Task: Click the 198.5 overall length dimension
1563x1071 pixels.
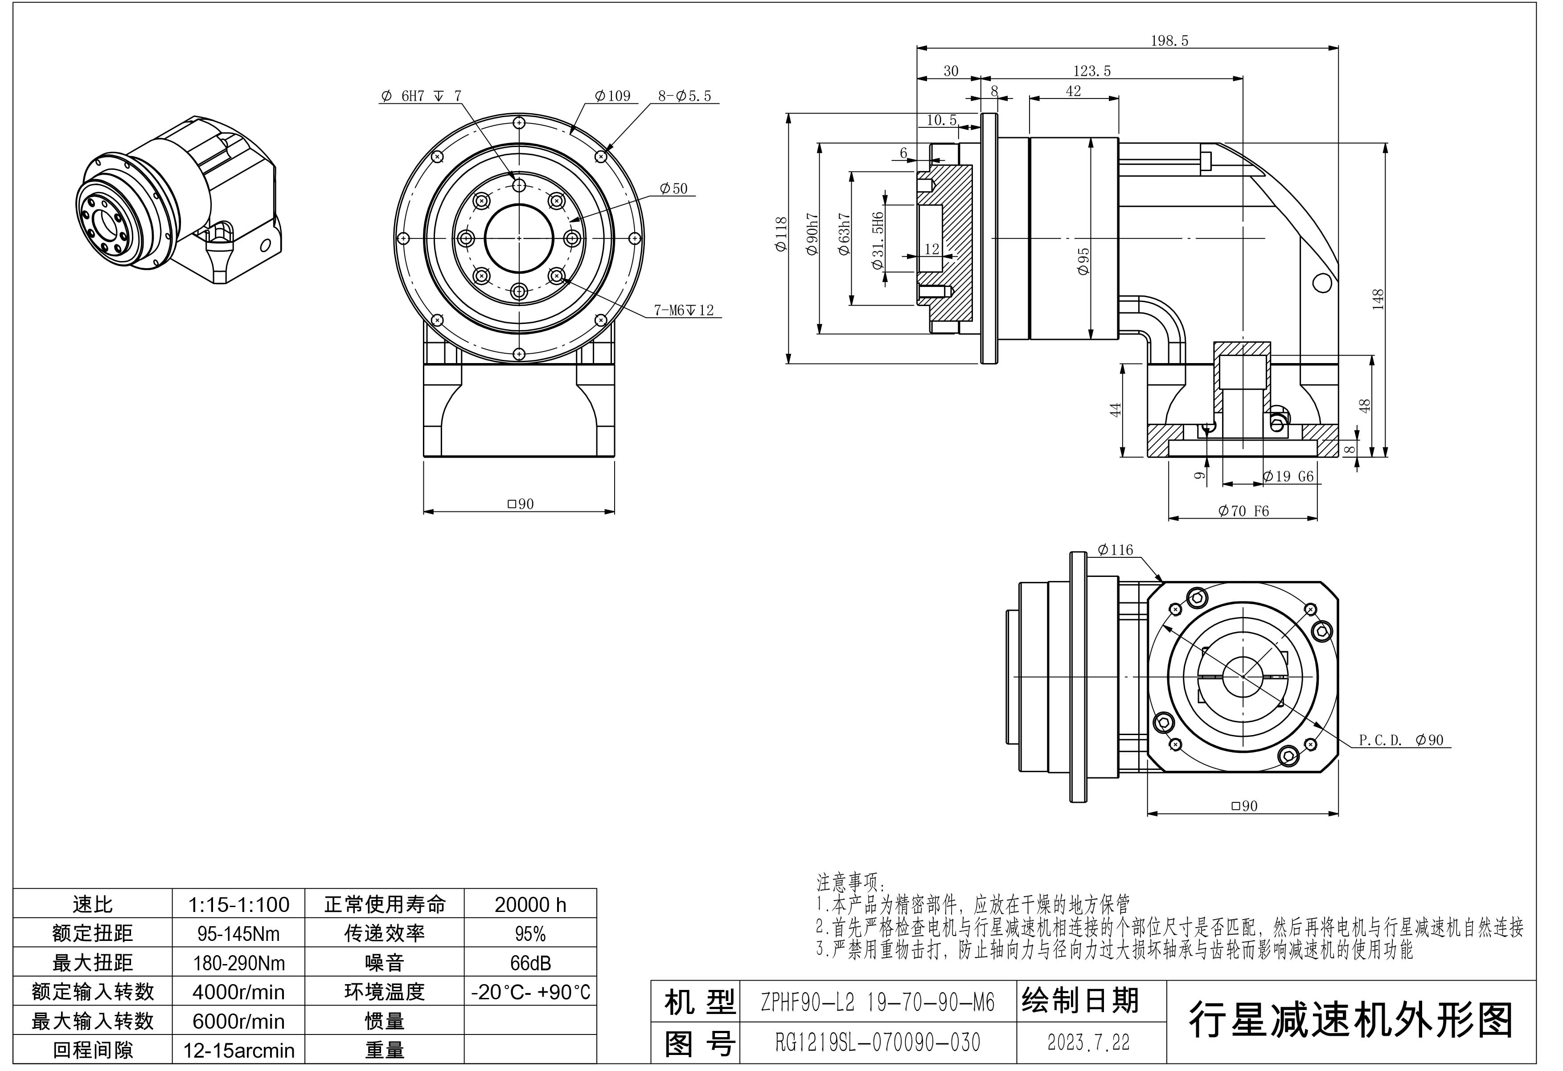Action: click(x=1169, y=41)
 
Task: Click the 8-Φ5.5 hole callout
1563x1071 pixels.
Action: click(x=684, y=96)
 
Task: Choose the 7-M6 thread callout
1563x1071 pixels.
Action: click(x=683, y=311)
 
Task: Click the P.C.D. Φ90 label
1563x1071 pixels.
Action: click(x=1401, y=740)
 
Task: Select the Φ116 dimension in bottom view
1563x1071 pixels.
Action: click(x=1115, y=550)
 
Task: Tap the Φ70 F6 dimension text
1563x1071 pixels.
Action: click(x=1243, y=511)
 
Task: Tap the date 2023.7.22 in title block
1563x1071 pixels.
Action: click(x=1088, y=1042)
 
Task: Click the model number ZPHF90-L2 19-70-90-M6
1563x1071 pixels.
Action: click(x=877, y=1003)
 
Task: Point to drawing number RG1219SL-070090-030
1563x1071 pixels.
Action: click(x=877, y=1042)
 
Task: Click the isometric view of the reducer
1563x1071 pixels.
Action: click(x=178, y=202)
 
